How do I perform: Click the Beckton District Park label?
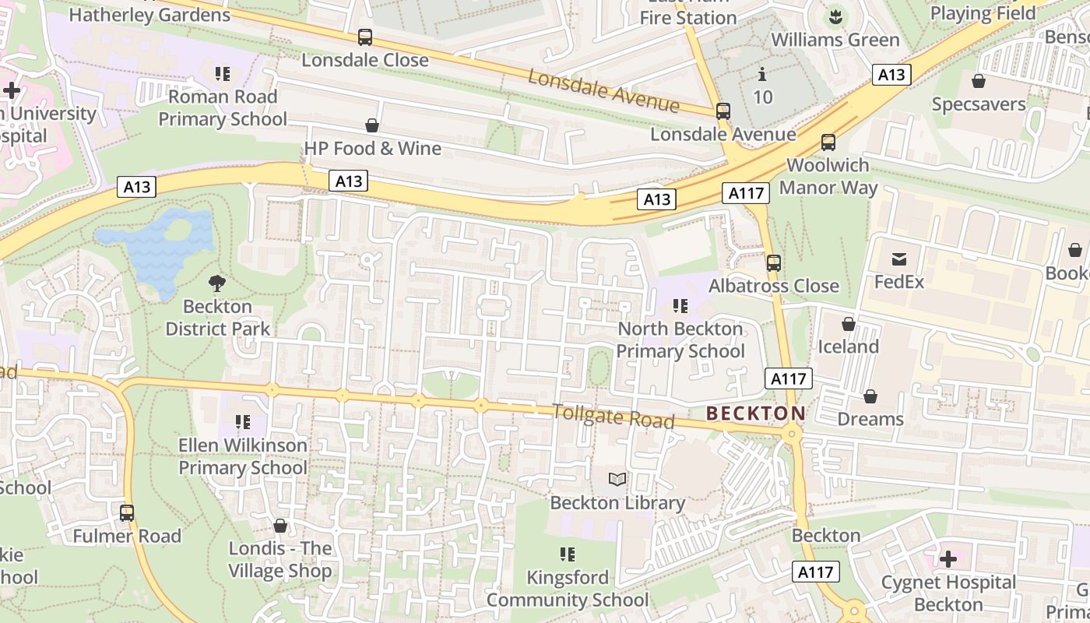[217, 318]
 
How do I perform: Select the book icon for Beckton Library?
[617, 479]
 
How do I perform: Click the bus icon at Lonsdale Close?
[364, 37]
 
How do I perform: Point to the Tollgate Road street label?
[614, 416]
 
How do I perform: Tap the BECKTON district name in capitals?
[755, 414]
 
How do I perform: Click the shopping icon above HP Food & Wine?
[372, 125]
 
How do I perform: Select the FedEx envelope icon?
[899, 259]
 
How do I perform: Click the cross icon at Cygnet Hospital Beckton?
[948, 558]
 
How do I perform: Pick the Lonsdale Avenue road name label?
[603, 90]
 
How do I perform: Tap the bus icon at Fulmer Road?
[127, 513]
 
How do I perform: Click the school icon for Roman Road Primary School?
[223, 74]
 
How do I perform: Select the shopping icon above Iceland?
[848, 324]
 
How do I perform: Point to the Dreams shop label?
[870, 419]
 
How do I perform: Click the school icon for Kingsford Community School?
[567, 554]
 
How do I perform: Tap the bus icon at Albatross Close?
[773, 263]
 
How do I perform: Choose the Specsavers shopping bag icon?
[979, 81]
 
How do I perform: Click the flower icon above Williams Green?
[835, 16]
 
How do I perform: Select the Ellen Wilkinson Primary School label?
[243, 456]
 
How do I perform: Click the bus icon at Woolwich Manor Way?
[828, 143]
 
